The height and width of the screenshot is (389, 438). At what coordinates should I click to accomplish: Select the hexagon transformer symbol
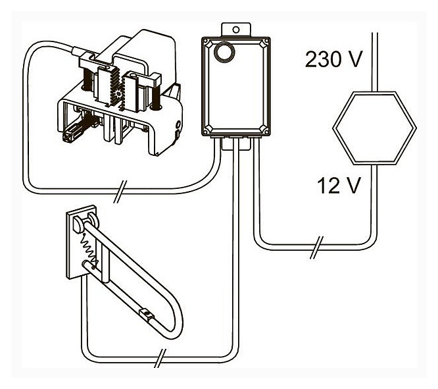[x=374, y=128]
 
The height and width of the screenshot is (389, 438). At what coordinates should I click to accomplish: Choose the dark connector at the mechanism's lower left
[x=68, y=139]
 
